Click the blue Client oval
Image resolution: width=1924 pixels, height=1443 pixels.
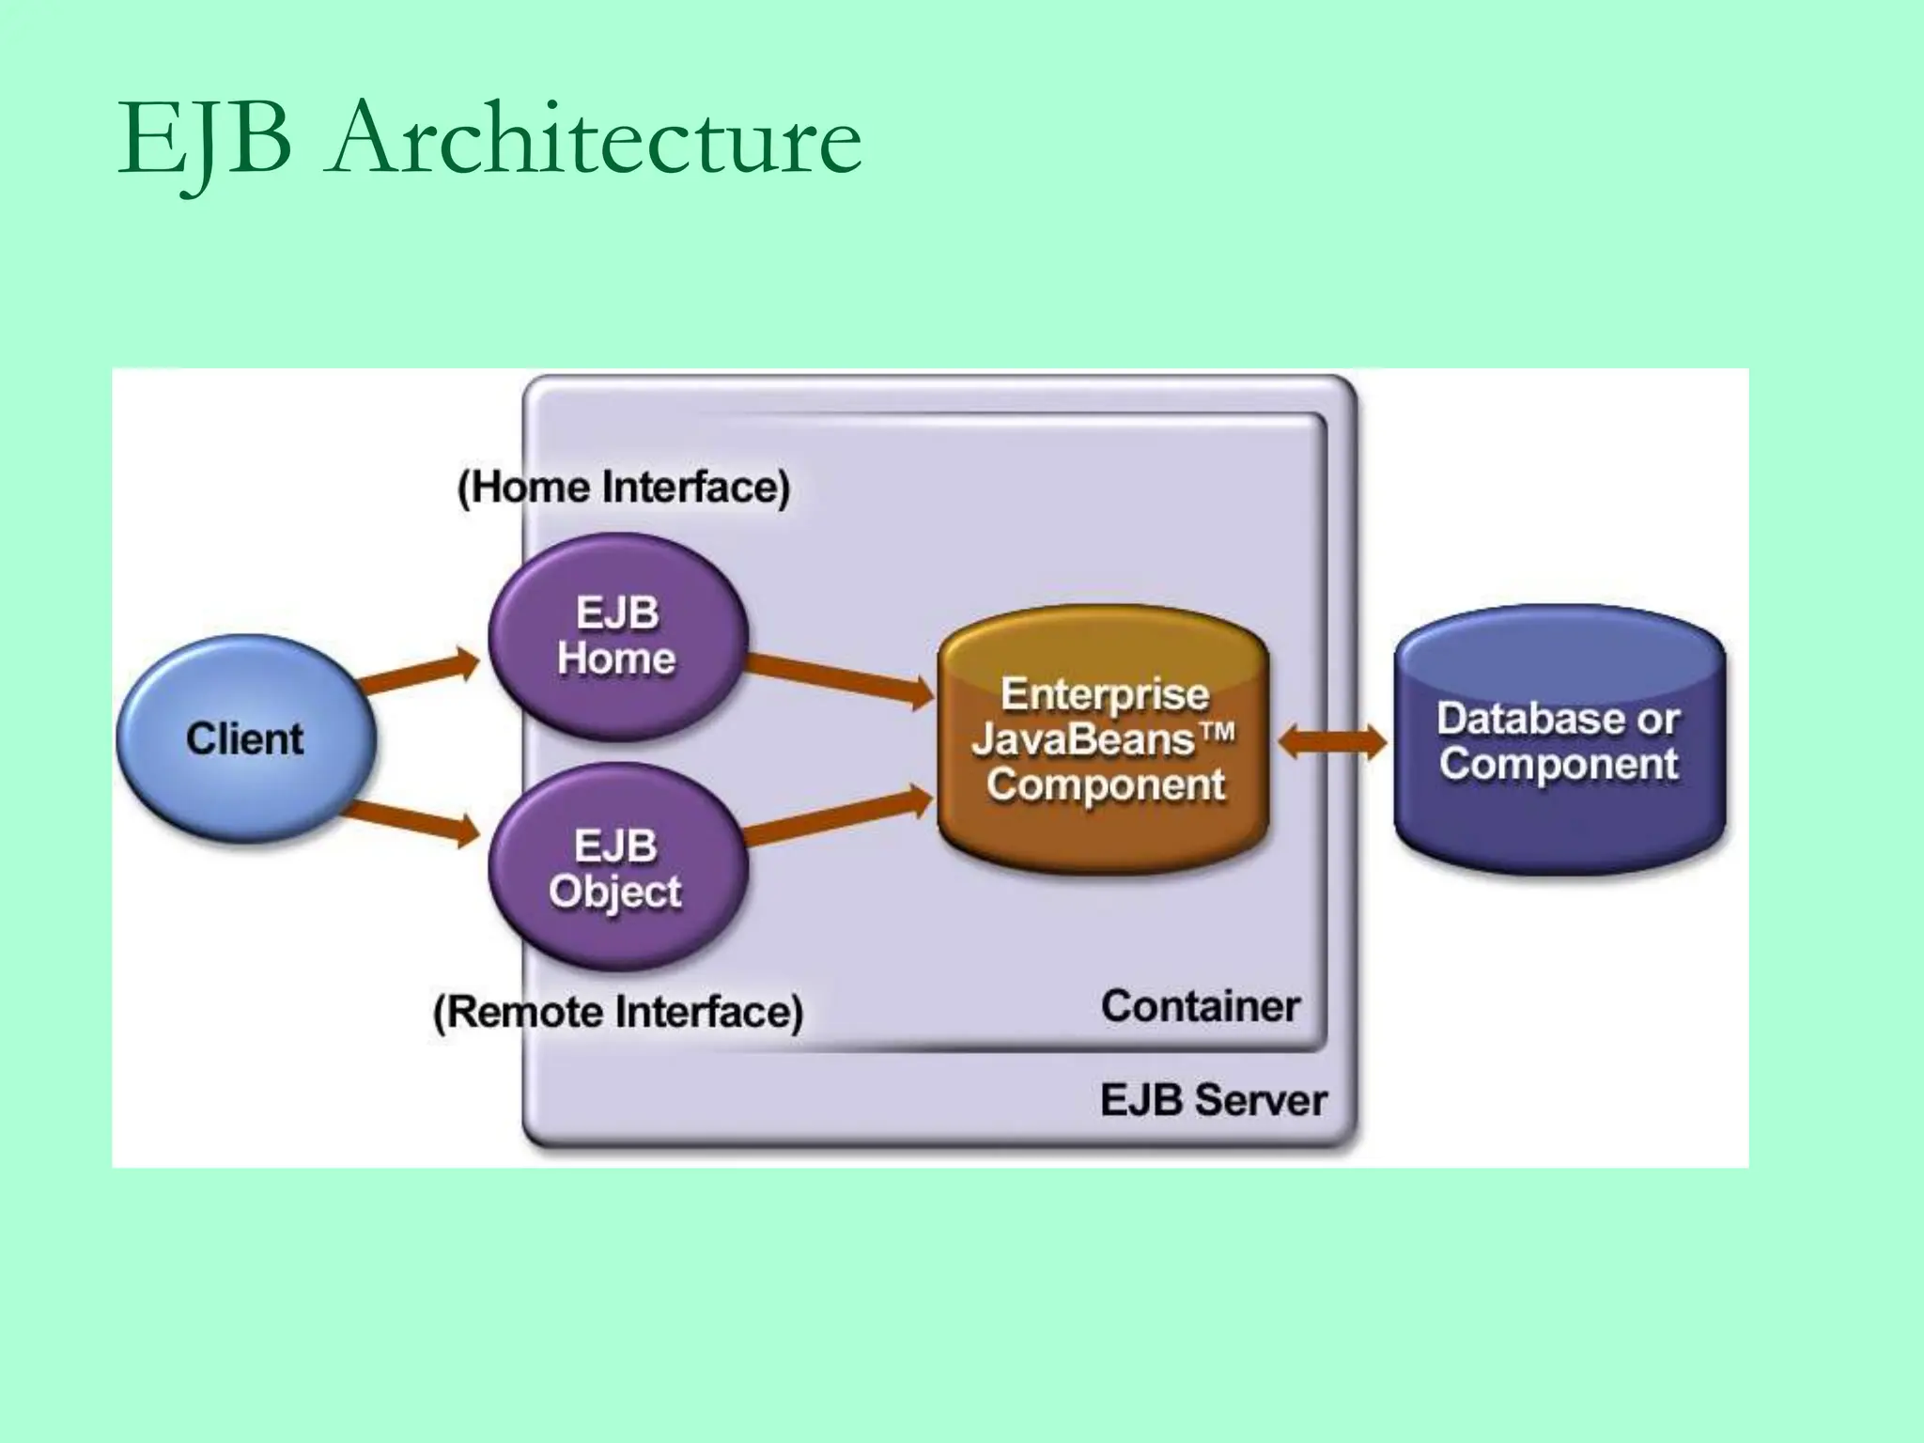pos(246,738)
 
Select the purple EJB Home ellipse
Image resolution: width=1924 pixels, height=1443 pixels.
pos(617,636)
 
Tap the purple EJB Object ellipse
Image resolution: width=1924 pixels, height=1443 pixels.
pos(617,867)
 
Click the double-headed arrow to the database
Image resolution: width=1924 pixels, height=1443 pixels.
pos(1332,742)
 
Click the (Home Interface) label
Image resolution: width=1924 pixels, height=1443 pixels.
pos(623,488)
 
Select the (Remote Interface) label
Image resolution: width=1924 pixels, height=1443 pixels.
pos(617,1012)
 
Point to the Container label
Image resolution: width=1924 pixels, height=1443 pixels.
pos(1200,1006)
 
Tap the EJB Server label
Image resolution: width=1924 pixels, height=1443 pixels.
pos(1213,1099)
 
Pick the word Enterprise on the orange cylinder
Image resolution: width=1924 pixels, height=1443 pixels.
pos(1104,695)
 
